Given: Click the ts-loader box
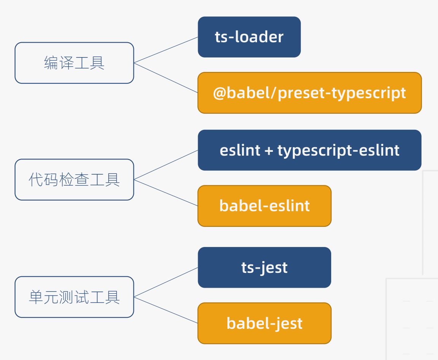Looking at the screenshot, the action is (249, 37).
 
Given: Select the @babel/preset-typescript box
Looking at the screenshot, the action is (309, 93).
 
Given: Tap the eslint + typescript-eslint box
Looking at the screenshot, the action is (309, 150).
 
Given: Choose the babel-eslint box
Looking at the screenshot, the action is (265, 206).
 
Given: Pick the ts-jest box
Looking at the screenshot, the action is (265, 268).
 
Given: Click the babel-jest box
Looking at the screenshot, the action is (265, 323).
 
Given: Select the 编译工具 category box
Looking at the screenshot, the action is (74, 63).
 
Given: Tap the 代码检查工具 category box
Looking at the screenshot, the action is (74, 180).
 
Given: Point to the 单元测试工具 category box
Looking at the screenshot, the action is (74, 297).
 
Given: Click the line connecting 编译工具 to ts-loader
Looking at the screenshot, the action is (166, 50).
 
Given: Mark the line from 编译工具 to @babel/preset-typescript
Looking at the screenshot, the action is (166, 78).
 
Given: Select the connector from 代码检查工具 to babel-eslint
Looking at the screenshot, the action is (166, 193).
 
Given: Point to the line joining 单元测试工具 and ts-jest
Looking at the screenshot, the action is (166, 282).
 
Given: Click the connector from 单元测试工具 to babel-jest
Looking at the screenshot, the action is (166, 310).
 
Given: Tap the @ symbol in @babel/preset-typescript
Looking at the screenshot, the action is (219, 93).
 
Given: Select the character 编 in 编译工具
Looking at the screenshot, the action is (51, 63).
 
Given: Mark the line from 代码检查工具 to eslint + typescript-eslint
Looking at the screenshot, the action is (166, 165).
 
